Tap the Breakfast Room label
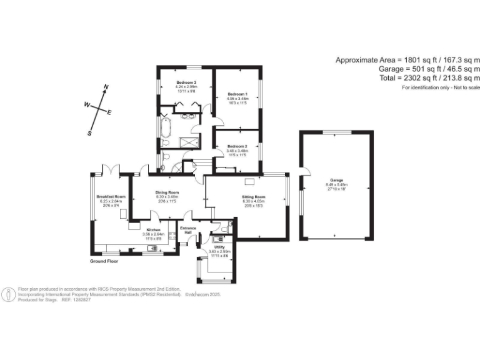(111, 197)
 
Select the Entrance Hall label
(189, 230)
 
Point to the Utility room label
(219, 247)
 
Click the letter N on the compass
(106, 87)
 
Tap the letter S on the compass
(90, 132)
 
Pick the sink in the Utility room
(220, 237)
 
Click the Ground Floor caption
(104, 261)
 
